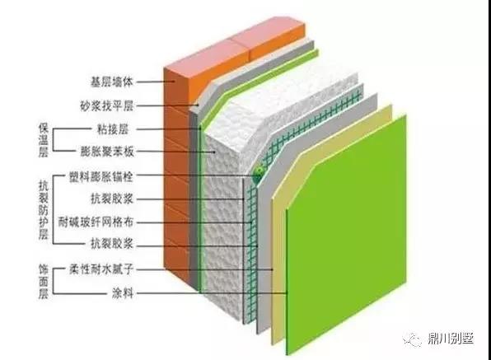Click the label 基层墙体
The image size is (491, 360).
(x=112, y=82)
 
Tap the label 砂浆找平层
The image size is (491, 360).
(x=107, y=105)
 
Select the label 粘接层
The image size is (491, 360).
(x=113, y=129)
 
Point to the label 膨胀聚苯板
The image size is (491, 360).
(x=107, y=152)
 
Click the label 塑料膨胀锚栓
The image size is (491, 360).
(x=101, y=177)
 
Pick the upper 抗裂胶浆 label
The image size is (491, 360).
(x=112, y=199)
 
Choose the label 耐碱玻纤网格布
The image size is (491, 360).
(x=96, y=222)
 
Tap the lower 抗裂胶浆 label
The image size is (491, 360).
(x=112, y=244)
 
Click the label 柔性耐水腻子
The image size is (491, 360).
(x=101, y=269)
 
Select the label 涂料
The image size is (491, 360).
(x=123, y=293)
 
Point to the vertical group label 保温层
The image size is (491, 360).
(x=44, y=139)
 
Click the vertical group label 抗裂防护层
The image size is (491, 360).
(x=44, y=210)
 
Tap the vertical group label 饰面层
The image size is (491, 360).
(x=44, y=282)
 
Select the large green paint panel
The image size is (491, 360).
(x=346, y=235)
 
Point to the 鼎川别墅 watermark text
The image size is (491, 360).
(x=451, y=339)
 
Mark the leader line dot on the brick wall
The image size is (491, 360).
(x=175, y=82)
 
